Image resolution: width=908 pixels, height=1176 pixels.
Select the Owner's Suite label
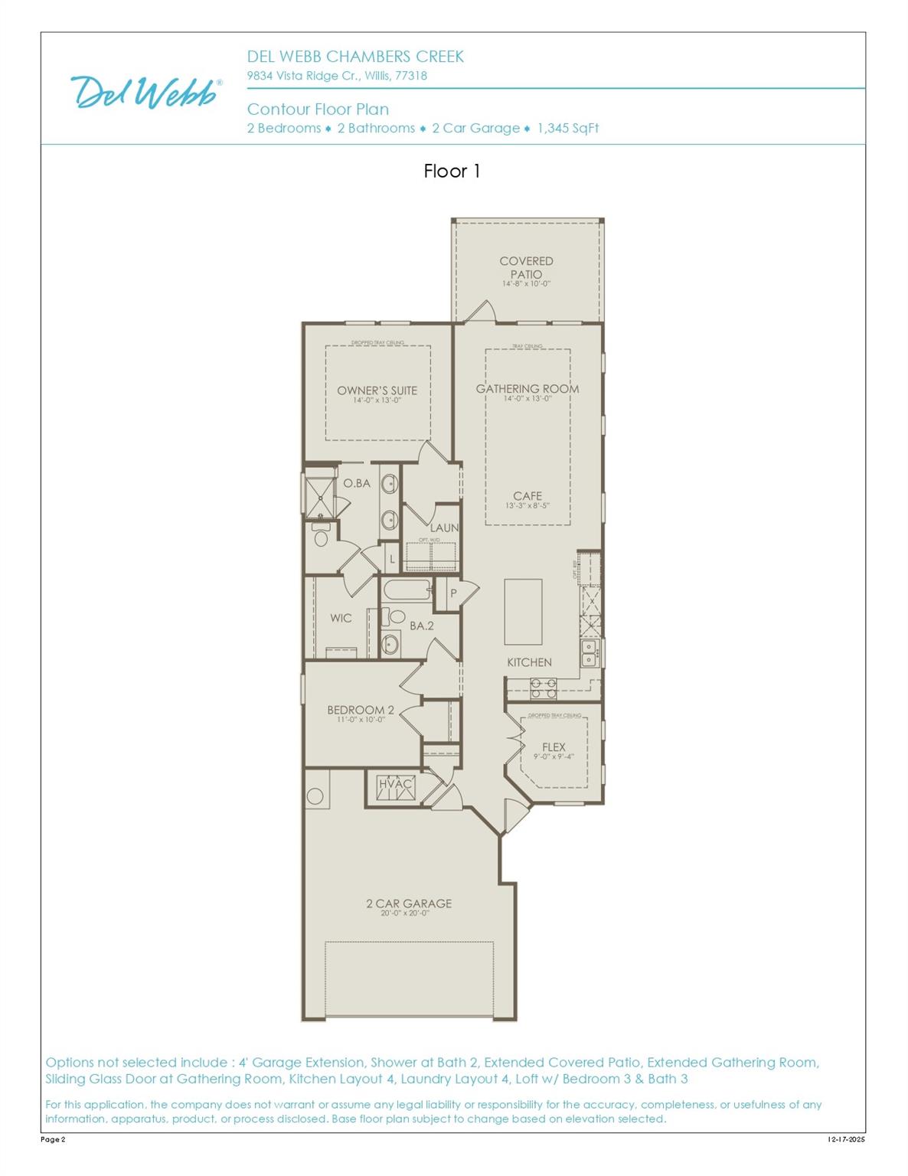pos(377,391)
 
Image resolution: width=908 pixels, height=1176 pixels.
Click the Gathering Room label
pos(527,390)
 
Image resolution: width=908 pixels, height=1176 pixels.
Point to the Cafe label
pos(527,497)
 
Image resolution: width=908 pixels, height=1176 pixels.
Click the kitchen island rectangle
pos(523,612)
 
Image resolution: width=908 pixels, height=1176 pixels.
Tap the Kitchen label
pos(529,662)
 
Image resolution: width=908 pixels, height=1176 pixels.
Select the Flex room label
pos(554,748)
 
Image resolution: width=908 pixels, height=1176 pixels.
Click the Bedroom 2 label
pos(361,710)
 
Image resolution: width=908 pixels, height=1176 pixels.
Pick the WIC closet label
pos(341,619)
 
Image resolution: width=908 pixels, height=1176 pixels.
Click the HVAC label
pos(396,784)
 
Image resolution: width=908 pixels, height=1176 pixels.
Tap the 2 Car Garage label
pos(409,904)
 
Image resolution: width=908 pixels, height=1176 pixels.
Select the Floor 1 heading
pos(452,171)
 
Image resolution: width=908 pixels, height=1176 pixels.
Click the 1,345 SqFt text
pos(568,129)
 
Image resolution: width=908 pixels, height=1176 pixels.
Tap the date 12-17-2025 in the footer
pos(846,1140)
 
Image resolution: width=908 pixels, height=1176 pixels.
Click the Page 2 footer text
pos(53,1140)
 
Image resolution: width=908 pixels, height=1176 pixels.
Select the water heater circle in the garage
pos(315,796)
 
